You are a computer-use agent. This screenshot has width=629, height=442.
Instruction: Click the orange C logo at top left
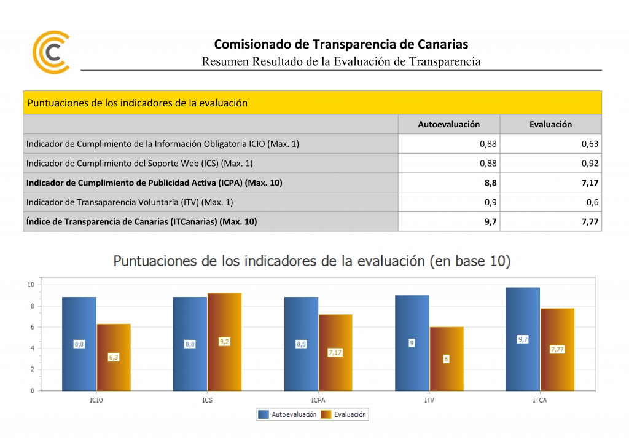pyautogui.click(x=51, y=52)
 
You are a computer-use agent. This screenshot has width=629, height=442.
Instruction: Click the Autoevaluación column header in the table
pyautogui.click(x=448, y=124)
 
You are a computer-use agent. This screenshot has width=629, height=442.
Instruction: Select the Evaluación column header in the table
pyautogui.click(x=550, y=124)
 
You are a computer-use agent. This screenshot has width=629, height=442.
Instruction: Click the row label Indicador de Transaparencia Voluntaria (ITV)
pyautogui.click(x=130, y=202)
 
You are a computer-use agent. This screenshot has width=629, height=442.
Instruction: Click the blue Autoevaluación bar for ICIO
pyautogui.click(x=79, y=369)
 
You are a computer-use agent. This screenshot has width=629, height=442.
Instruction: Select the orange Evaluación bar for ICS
pyautogui.click(x=224, y=369)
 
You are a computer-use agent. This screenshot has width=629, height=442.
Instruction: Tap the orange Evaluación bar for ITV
pyautogui.click(x=446, y=375)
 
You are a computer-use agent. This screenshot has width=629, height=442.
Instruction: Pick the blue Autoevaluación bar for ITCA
pyautogui.click(x=523, y=369)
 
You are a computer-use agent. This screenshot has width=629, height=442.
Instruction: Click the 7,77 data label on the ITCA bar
pyautogui.click(x=557, y=349)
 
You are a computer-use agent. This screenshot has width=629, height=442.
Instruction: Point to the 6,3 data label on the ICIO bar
pyautogui.click(x=114, y=357)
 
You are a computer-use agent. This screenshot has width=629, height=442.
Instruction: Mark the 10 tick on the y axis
pyautogui.click(x=30, y=285)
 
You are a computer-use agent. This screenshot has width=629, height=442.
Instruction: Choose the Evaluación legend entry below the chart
pyautogui.click(x=345, y=414)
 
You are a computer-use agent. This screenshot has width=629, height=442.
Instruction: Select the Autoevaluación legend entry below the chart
pyautogui.click(x=289, y=414)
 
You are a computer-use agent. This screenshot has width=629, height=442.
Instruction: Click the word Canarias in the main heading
pyautogui.click(x=442, y=44)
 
